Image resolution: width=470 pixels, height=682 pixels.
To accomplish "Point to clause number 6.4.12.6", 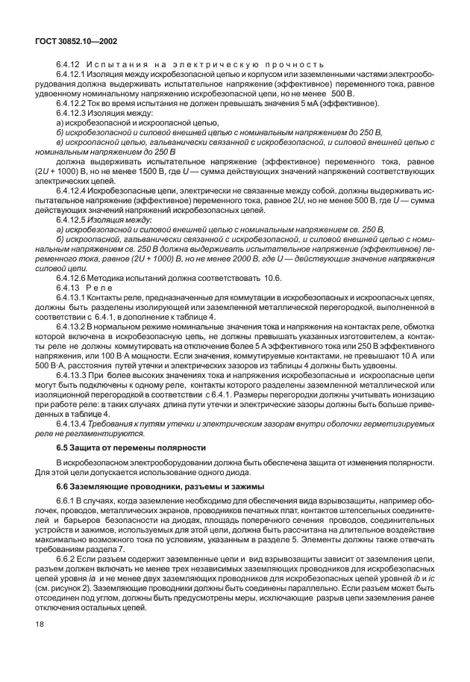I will pos(71,278).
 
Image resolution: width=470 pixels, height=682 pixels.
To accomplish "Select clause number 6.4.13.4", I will pos(71,424).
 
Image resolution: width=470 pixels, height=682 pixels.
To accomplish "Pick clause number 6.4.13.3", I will pos(71,376).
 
